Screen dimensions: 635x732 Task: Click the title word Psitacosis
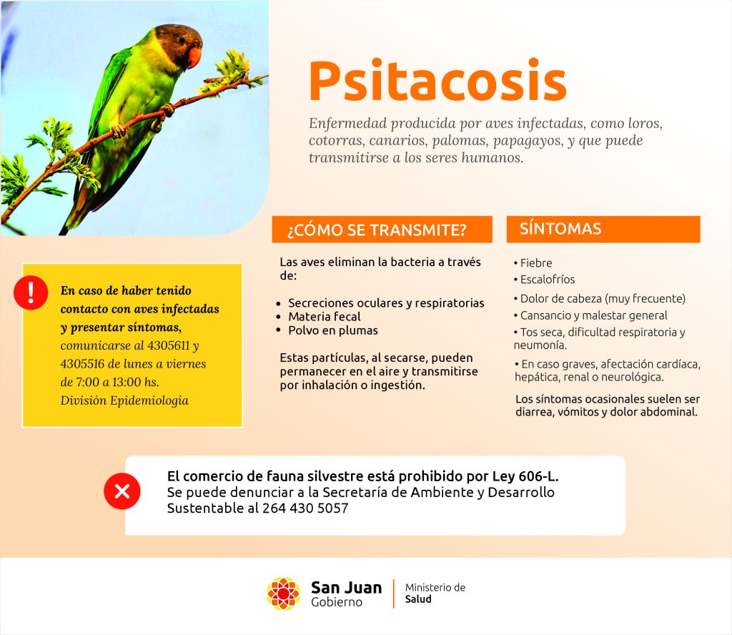pyautogui.click(x=437, y=81)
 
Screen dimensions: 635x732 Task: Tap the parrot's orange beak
pyautogui.click(x=194, y=56)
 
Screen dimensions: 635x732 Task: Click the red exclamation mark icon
pyautogui.click(x=30, y=292)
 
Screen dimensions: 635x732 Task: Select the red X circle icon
pyautogui.click(x=122, y=491)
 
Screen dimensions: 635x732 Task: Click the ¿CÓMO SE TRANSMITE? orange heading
pyautogui.click(x=382, y=230)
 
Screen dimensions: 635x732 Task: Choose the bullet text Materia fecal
pyautogui.click(x=324, y=317)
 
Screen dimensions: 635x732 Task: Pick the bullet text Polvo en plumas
pyautogui.click(x=332, y=330)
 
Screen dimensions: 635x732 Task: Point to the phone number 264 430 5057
pyautogui.click(x=305, y=509)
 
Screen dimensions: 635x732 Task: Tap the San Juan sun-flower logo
pyautogui.click(x=283, y=594)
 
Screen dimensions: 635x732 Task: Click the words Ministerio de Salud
pyautogui.click(x=435, y=594)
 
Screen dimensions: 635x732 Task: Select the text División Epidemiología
pyautogui.click(x=124, y=400)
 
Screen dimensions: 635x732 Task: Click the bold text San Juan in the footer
pyautogui.click(x=346, y=587)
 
